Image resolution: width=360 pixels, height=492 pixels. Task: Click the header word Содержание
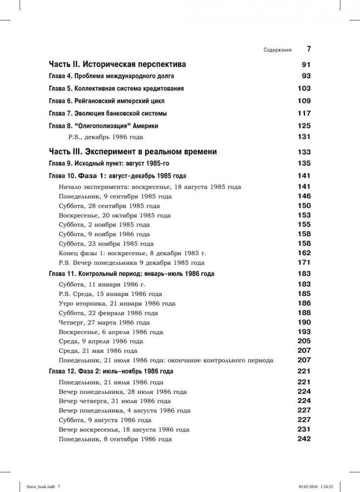(277, 50)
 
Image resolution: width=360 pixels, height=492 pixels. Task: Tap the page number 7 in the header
(309, 49)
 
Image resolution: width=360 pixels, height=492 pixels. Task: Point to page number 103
(304, 88)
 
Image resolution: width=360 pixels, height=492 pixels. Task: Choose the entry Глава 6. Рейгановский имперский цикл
(107, 101)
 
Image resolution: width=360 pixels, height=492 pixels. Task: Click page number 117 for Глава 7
(304, 113)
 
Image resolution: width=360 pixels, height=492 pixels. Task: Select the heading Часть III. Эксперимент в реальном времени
(133, 152)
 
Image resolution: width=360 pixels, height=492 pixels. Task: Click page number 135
(304, 163)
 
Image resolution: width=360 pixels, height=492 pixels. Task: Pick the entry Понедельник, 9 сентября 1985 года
(115, 196)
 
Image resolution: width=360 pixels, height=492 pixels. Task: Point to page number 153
(304, 215)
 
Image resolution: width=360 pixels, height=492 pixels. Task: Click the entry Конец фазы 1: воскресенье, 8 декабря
(132, 253)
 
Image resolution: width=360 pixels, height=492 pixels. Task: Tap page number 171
(304, 262)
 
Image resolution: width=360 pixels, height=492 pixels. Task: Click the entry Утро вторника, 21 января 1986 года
(117, 303)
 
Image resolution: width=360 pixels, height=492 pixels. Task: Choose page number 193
(304, 332)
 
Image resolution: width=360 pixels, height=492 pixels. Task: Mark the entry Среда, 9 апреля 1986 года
(100, 341)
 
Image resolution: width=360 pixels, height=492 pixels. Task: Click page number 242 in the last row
(304, 439)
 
